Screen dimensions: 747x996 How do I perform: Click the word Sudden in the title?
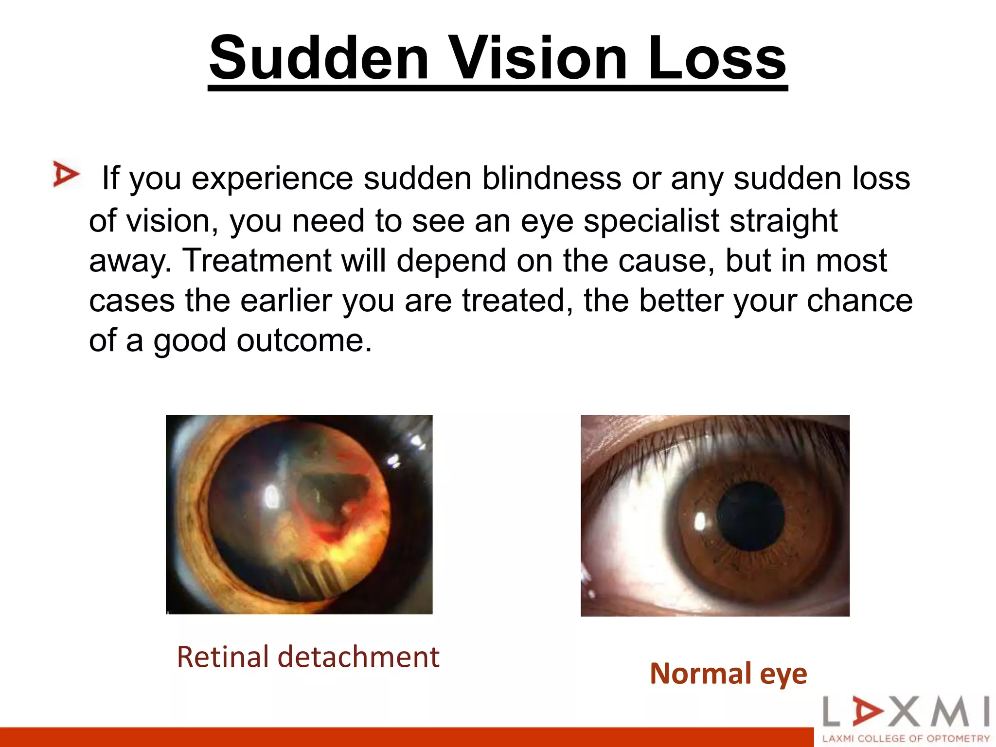click(x=319, y=58)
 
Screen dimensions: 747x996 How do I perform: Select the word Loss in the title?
click(x=717, y=58)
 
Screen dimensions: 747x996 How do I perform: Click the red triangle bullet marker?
click(x=66, y=174)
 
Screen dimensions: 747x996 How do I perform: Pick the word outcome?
click(x=304, y=340)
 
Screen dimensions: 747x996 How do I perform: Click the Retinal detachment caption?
click(x=308, y=657)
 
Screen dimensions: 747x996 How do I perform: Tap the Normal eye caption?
click(x=728, y=674)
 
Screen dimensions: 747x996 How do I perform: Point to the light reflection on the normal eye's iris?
click(x=700, y=522)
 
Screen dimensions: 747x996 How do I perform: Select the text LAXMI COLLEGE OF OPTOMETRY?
click(x=906, y=738)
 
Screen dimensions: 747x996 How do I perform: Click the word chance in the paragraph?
click(x=859, y=301)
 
